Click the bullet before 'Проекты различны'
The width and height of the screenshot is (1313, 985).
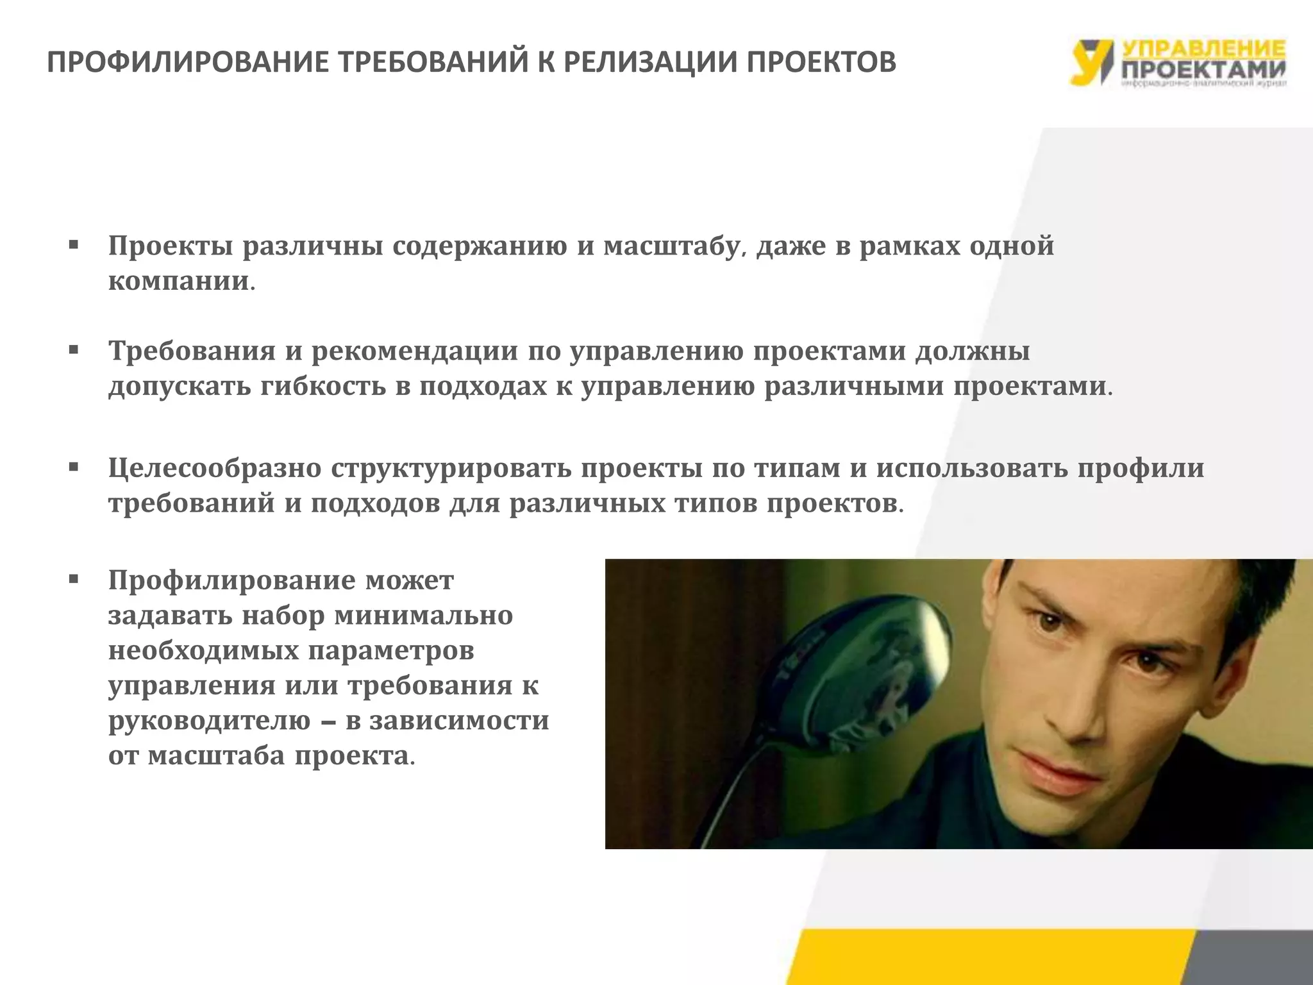74,246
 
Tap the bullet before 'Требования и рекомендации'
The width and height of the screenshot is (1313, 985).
74,351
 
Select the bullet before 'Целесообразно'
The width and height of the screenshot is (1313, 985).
74,468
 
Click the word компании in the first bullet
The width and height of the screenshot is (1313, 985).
178,282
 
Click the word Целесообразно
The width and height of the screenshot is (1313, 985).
214,468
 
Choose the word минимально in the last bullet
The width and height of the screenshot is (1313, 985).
424,616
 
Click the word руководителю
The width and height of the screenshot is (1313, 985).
209,721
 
